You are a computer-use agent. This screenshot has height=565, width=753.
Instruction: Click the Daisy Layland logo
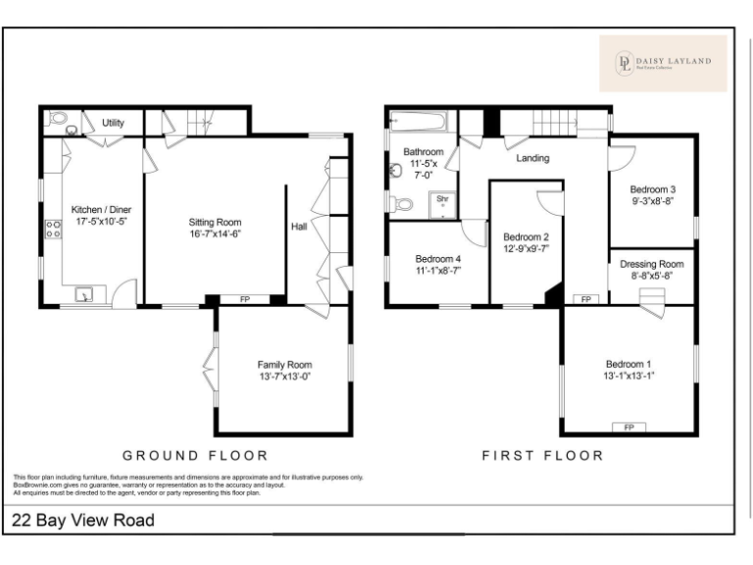[x=663, y=64]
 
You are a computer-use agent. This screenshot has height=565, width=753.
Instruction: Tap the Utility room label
[x=114, y=123]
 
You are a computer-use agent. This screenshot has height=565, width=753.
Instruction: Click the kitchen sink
[x=87, y=292]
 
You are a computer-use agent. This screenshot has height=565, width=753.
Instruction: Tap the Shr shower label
[x=442, y=198]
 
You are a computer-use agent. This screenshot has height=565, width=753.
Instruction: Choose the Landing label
[x=532, y=158]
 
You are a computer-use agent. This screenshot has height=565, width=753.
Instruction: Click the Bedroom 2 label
[x=526, y=237]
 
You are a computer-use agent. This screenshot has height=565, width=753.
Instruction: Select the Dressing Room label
[x=652, y=264]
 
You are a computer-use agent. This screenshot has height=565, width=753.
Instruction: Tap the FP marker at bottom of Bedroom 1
[x=628, y=427]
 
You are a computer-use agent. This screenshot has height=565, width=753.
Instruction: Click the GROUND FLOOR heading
[x=195, y=455]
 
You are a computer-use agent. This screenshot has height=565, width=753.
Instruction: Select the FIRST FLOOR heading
[x=542, y=455]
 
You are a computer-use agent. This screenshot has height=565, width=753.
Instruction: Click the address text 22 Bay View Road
[x=83, y=520]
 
